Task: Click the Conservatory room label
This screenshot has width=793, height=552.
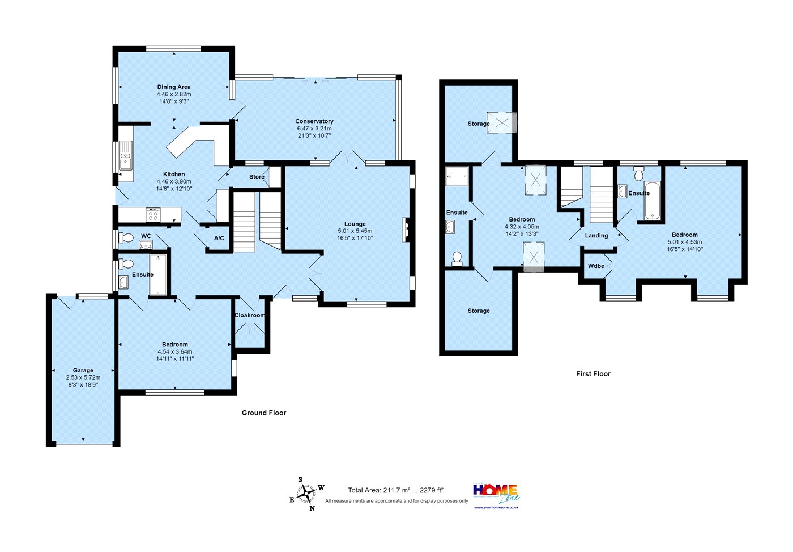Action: [314, 121]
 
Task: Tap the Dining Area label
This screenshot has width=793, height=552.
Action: [174, 87]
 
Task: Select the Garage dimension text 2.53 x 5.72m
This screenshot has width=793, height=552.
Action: [83, 377]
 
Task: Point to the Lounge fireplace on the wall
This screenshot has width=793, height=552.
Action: [406, 230]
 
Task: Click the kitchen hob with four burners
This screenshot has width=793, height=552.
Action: [154, 215]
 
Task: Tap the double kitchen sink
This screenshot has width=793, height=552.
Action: [126, 155]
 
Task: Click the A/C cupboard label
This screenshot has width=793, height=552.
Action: [219, 238]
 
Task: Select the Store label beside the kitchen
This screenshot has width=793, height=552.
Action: [257, 177]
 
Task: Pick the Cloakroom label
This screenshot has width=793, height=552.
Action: [250, 315]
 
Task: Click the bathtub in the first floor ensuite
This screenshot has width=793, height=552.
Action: [652, 201]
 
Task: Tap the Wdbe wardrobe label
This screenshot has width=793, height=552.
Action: [596, 266]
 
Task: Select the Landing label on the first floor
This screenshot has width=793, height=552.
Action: [596, 236]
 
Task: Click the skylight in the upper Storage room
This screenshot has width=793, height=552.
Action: [502, 123]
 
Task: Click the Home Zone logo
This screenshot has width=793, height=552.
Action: [496, 494]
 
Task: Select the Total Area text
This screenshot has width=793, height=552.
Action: [395, 490]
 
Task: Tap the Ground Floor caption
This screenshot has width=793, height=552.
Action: [264, 413]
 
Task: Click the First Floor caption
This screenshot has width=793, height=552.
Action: [594, 374]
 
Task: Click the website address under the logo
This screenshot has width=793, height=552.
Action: [496, 507]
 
